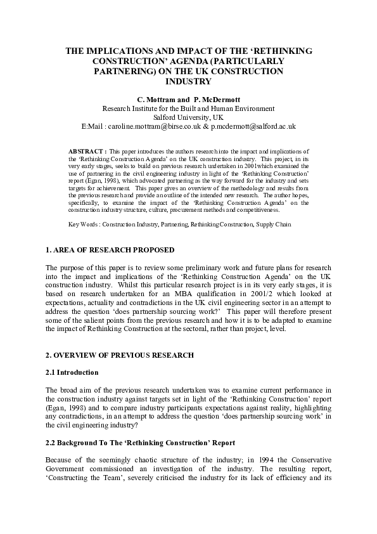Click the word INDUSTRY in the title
188,82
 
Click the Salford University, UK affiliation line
188,117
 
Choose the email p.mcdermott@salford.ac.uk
252,127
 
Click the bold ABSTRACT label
87,152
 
